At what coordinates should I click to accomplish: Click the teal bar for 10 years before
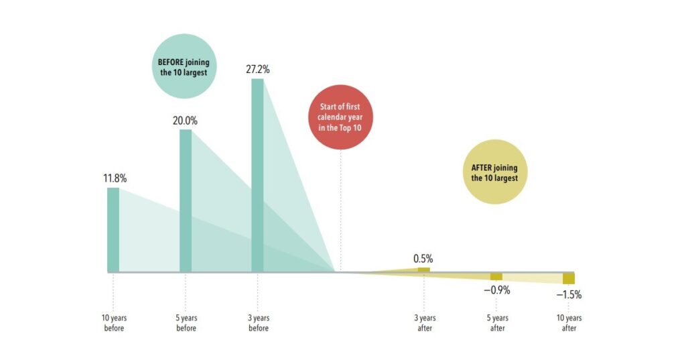tap(113, 229)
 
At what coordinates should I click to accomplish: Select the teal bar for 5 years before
tap(186, 200)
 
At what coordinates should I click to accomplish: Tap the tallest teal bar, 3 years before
tap(257, 175)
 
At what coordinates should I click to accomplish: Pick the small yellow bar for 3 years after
tap(424, 269)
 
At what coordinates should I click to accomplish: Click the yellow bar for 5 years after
tap(496, 276)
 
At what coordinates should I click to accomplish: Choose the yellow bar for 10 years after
tap(569, 278)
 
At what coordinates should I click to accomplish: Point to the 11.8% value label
tap(115, 178)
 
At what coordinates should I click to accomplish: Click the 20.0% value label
tap(186, 121)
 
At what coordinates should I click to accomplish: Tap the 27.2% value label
tap(258, 69)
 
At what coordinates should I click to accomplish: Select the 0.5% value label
tap(423, 258)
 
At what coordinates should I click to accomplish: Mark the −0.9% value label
tap(496, 290)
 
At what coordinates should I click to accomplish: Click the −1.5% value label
tap(569, 294)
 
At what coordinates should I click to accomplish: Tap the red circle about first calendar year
tap(340, 118)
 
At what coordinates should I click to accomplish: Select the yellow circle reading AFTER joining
tap(494, 172)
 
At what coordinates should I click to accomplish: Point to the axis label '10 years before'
tap(114, 323)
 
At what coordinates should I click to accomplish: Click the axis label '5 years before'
tap(186, 323)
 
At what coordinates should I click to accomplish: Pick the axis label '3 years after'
tap(425, 323)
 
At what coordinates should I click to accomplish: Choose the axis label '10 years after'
tap(569, 323)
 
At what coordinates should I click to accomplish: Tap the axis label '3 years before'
tap(258, 323)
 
